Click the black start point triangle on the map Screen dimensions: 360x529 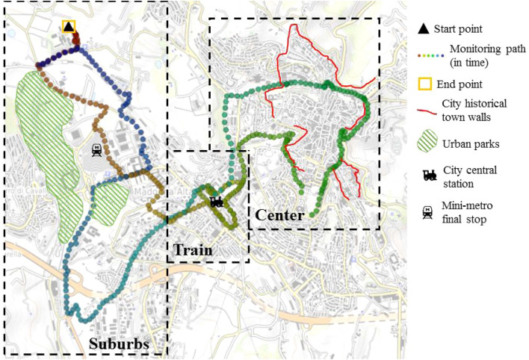pos(69,27)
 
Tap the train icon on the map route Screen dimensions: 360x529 pos(216,201)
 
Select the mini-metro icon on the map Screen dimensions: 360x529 pos(97,149)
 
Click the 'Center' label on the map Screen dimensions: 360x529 pos(279,215)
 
